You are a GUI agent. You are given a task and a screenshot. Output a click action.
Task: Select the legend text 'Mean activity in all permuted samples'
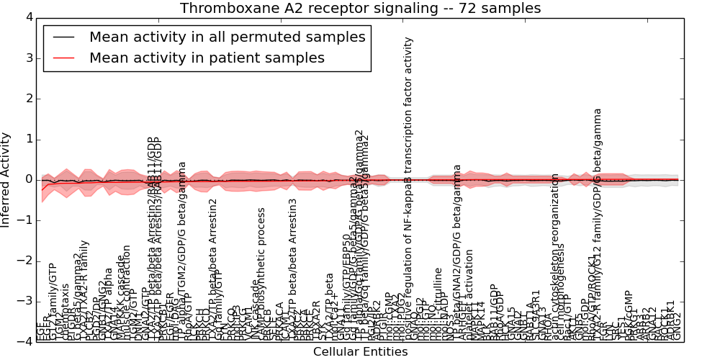[227, 37]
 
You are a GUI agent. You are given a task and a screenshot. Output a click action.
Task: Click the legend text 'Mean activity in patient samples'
[207, 58]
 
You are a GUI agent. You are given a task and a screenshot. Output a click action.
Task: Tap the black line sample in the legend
[63, 37]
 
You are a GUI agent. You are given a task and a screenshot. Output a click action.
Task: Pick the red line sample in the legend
[63, 58]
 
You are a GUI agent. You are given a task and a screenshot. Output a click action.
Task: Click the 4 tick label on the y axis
[28, 17]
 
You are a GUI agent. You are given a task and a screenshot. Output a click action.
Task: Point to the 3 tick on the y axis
[28, 58]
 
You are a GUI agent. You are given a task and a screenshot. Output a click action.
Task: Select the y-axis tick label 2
[28, 98]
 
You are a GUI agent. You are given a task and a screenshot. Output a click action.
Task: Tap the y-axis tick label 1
[28, 139]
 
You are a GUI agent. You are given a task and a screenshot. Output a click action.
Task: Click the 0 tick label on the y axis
[28, 179]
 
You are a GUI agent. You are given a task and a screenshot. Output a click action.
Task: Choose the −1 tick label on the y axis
[25, 220]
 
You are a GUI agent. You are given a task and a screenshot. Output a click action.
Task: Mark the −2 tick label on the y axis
[25, 261]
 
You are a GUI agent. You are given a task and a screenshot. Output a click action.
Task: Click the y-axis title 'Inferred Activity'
[6, 179]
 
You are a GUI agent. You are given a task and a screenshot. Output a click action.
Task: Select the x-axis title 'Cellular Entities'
[360, 351]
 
